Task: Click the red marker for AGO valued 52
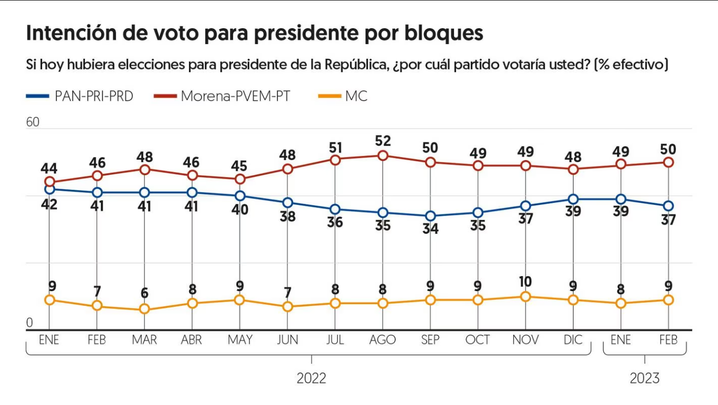point(383,156)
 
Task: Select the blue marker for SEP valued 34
point(430,216)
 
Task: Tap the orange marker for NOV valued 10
point(525,297)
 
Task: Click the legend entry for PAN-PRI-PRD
point(80,96)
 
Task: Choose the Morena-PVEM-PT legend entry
point(222,96)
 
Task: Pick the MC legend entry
point(343,96)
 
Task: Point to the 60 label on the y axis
point(33,122)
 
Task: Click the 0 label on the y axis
point(30,323)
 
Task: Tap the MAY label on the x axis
point(240,339)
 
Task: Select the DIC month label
point(573,339)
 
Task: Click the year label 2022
point(311,378)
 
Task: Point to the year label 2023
point(645,378)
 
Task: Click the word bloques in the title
point(444,33)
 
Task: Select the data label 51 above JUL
point(335,148)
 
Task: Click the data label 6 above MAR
point(145,293)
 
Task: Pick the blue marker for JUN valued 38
point(287,203)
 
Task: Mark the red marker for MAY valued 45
point(240,179)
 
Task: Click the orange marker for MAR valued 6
point(145,309)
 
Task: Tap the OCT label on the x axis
point(477,339)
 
